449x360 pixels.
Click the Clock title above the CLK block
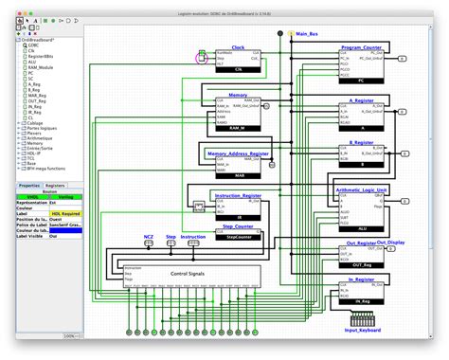(x=237, y=46)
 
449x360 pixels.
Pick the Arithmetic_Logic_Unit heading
(x=362, y=189)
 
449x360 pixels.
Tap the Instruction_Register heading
(x=241, y=195)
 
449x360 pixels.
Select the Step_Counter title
(x=237, y=227)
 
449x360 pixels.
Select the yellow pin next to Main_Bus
(x=291, y=34)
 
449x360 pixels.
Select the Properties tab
(x=29, y=186)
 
